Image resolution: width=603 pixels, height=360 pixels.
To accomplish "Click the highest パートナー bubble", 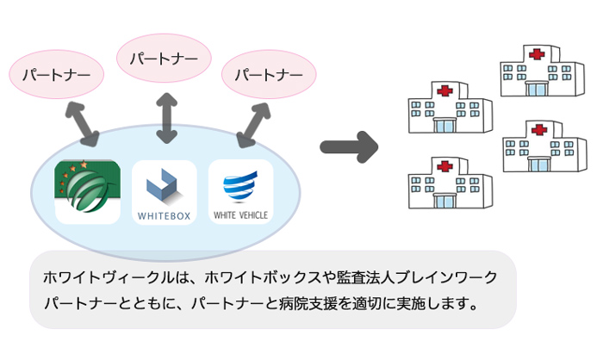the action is point(164,58).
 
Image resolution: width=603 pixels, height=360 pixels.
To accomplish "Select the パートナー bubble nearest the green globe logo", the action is point(57,74).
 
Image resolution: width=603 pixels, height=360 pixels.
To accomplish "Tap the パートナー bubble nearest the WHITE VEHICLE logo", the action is point(269,74).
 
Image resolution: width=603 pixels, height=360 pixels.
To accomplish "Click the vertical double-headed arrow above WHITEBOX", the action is point(167,118).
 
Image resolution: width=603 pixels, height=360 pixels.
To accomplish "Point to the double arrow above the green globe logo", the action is point(83,124).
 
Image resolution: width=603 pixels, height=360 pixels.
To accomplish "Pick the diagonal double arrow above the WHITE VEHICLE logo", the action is point(253,125).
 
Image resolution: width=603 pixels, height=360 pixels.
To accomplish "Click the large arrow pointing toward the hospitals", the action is point(349,147).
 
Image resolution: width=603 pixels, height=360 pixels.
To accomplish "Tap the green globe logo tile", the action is point(88,191).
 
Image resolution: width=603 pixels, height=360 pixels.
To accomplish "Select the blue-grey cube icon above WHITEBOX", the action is point(162,185).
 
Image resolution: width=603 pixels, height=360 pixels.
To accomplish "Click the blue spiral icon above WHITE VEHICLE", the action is point(240,187).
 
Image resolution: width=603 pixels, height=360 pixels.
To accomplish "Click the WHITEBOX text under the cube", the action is point(165,216).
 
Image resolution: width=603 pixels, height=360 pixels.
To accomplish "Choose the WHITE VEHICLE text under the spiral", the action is point(240,215).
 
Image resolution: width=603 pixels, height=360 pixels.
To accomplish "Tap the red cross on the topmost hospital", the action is point(537,54).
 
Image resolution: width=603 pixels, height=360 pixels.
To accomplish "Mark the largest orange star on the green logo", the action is point(84,164).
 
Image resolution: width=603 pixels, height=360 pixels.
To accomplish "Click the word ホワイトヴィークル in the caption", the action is point(109,277).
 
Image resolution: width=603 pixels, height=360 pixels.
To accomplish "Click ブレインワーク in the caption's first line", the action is point(446,277).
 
